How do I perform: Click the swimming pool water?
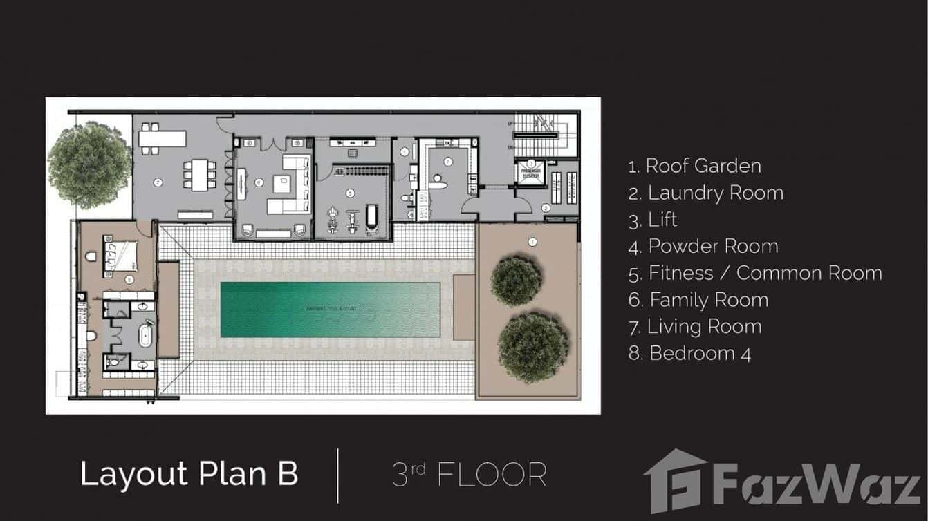click(x=331, y=310)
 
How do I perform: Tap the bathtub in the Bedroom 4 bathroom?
click(x=145, y=336)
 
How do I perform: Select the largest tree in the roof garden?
click(x=533, y=347)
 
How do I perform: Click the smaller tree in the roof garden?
click(x=516, y=281)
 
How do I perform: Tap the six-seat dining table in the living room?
click(x=200, y=175)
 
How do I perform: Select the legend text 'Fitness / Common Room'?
click(x=755, y=273)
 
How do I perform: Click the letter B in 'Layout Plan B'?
click(x=286, y=474)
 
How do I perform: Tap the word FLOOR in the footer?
click(x=492, y=475)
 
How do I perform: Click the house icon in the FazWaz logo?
click(x=674, y=481)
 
